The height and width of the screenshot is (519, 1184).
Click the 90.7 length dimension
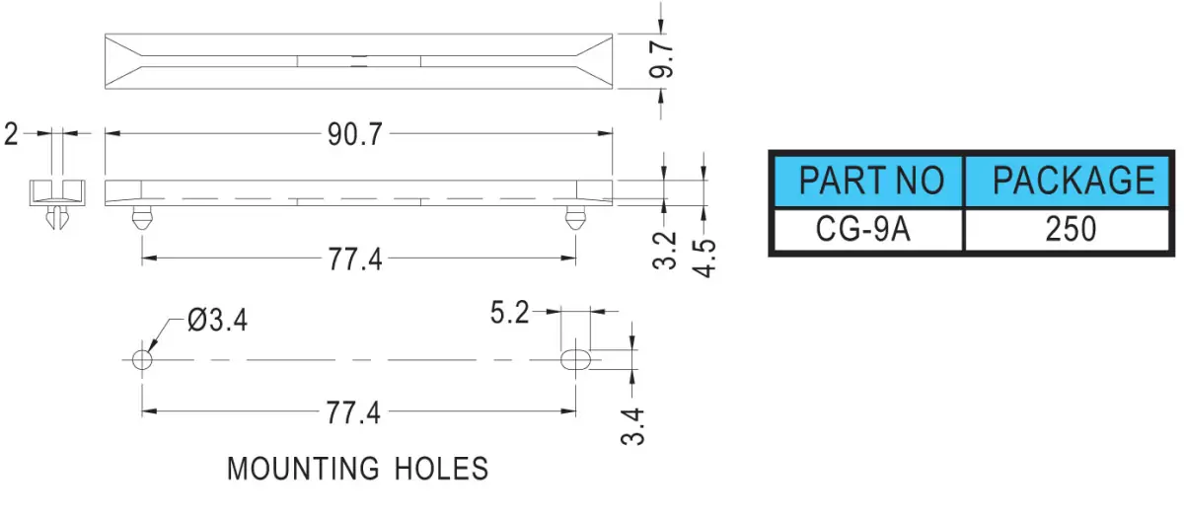point(354,134)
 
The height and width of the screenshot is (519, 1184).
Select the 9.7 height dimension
point(661,59)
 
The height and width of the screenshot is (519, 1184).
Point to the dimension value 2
point(11,134)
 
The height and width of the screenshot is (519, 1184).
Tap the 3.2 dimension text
point(664,251)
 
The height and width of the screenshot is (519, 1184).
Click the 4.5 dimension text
point(703,259)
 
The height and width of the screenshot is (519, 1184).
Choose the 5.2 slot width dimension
point(509,313)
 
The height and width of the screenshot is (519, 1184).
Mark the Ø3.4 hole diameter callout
point(217,321)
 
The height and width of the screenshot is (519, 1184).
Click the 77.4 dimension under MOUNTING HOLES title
point(353,412)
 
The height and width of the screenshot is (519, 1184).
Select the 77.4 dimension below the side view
point(355,259)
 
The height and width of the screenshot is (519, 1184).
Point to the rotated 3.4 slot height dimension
point(632,426)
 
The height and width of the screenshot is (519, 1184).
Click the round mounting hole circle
point(142,360)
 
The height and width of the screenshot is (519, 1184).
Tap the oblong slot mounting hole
point(575,360)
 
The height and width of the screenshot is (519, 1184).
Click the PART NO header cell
point(868,181)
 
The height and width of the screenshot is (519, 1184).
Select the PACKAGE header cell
point(1068,181)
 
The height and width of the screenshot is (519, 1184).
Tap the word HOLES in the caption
point(442,469)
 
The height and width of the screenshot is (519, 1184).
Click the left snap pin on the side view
point(142,218)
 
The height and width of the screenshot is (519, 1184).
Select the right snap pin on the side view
point(575,218)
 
